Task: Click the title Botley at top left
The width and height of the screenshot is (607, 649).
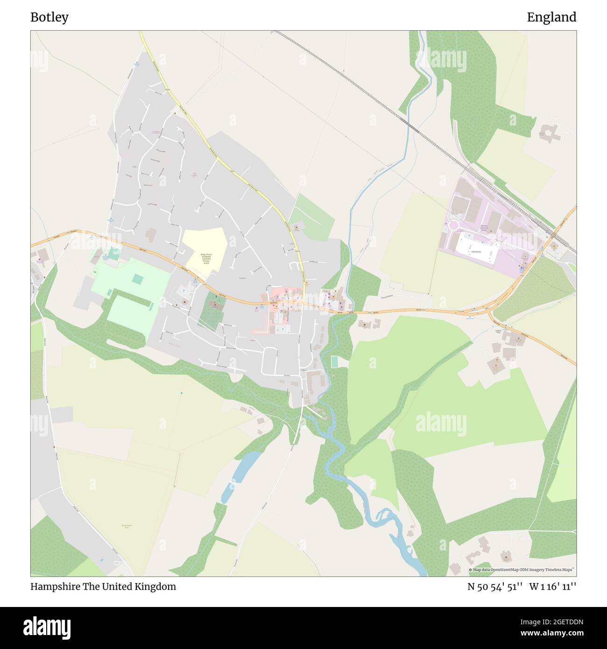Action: tap(49, 17)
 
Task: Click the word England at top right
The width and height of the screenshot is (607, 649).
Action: tap(551, 17)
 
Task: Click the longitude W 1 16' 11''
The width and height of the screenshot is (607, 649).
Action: tap(553, 586)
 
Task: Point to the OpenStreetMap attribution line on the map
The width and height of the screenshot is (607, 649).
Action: tap(522, 570)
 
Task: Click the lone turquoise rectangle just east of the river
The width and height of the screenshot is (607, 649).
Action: tap(334, 361)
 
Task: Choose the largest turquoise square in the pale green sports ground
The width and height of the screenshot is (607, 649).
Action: tap(137, 279)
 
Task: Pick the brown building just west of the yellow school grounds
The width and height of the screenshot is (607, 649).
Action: tap(151, 234)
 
